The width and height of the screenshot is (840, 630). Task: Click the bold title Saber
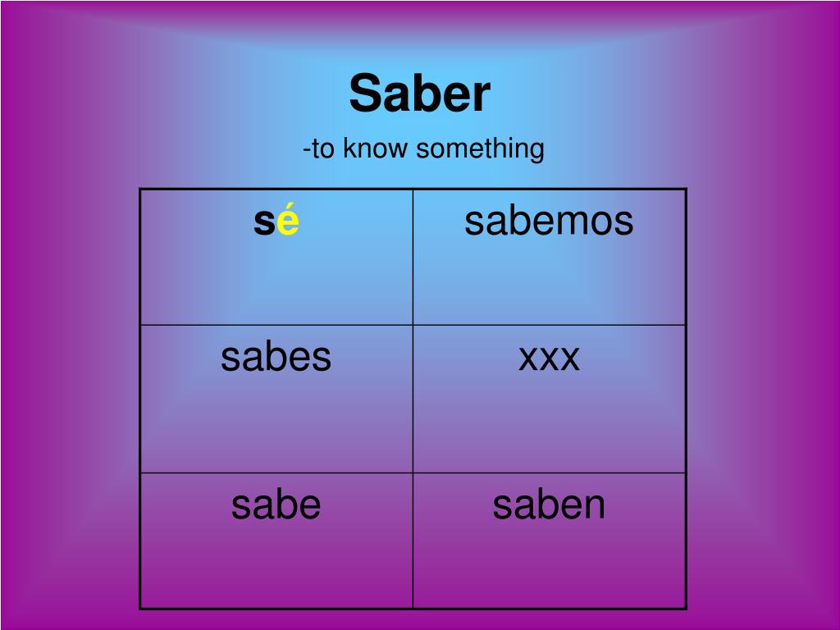419,94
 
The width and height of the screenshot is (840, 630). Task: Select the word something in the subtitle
480,149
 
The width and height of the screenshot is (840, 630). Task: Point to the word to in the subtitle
322,149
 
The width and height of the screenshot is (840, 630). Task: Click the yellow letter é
288,222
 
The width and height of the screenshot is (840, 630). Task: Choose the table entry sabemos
549,221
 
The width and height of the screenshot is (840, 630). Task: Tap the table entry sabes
276,358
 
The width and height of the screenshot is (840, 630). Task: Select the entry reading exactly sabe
276,505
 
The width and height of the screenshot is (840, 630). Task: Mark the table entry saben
549,505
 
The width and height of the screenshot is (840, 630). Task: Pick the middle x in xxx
549,358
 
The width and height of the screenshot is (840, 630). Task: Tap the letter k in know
348,148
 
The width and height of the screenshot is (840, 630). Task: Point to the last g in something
536,152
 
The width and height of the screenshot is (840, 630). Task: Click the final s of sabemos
624,222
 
